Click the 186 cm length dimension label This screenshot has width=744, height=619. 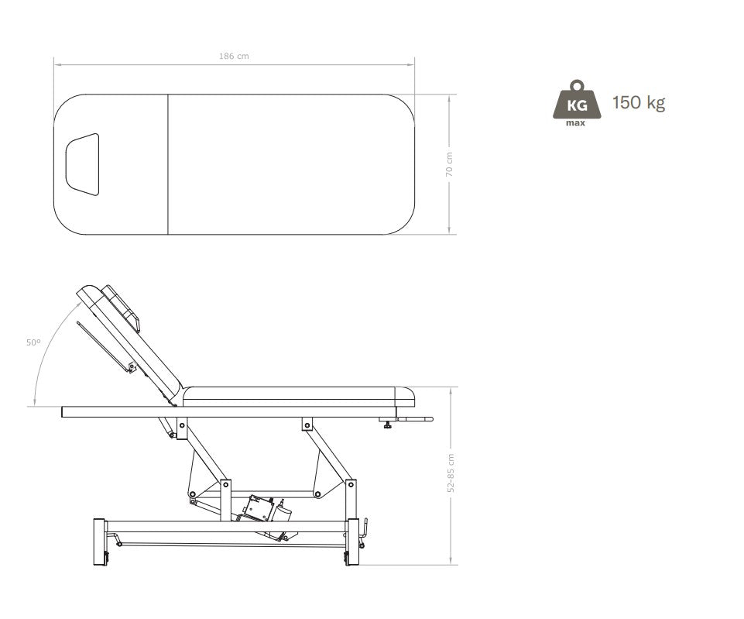(234, 56)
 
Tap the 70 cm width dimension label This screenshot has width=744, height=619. (449, 164)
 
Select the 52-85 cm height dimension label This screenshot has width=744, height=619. (451, 473)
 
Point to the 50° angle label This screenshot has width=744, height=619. (33, 342)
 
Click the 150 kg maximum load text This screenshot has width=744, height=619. (639, 102)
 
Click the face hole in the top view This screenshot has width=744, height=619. (83, 164)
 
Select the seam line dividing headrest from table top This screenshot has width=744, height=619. (168, 164)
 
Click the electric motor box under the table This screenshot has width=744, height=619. (259, 508)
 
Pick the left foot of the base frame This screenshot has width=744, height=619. (99, 542)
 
